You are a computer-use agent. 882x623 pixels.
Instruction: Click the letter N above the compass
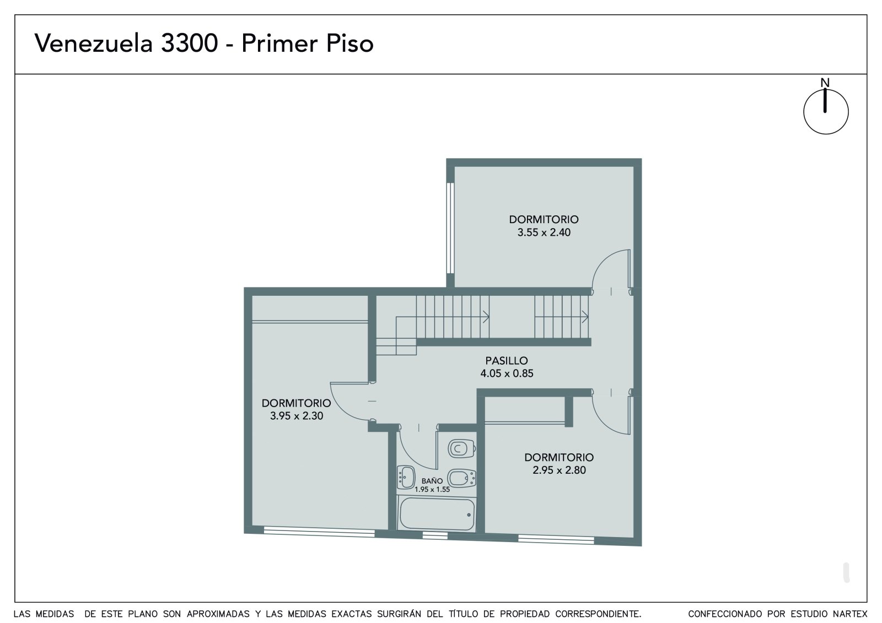pos(825,83)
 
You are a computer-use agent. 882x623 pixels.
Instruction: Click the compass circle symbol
pos(826,112)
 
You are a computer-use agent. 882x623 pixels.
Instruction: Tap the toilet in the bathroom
pos(461,448)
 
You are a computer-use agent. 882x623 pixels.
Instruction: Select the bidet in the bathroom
pos(461,478)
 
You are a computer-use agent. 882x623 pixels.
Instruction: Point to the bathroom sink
pos(406,476)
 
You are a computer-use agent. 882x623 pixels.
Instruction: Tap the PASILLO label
pos(507,360)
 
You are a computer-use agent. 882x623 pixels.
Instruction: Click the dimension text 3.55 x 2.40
pos(544,232)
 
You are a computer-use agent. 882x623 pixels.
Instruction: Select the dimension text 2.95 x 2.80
pos(559,470)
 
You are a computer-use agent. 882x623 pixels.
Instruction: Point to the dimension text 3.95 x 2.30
pos(297,415)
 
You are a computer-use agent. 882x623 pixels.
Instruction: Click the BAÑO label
pos(432,481)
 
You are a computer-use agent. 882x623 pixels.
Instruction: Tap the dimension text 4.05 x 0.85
pos(507,373)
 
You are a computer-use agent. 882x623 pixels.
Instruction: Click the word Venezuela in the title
pos(94,43)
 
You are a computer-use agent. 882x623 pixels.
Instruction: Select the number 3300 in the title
pos(190,43)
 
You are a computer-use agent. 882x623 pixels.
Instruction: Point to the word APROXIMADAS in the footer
pos(218,614)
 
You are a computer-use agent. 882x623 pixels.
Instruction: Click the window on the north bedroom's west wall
pos(450,228)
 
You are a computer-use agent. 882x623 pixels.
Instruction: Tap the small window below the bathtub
pos(435,535)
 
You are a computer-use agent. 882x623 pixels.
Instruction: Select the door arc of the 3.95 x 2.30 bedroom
pos(342,410)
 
